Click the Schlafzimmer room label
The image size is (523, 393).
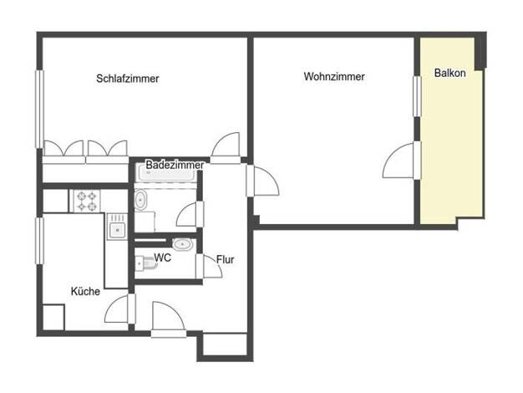point(128,79)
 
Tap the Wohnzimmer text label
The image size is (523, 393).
point(334,76)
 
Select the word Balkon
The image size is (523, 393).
point(450,73)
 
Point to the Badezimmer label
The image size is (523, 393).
point(175,165)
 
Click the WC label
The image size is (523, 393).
point(162,258)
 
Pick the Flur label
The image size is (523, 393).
point(225,259)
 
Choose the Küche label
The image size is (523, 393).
point(85,291)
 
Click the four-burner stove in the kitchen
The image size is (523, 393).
point(87,202)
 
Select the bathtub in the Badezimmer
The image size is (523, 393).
point(166,174)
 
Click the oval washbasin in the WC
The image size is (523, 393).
point(182,244)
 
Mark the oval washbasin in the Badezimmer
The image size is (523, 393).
point(140,200)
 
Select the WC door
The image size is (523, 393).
point(209,266)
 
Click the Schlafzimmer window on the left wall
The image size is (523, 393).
point(40,109)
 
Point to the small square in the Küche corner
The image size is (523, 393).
point(53,318)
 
